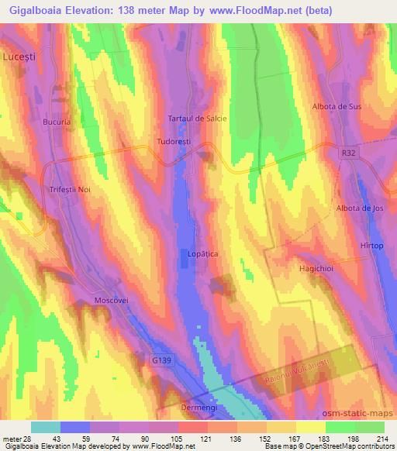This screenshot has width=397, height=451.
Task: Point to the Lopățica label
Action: [203, 253]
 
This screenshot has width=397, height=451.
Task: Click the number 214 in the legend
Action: [385, 439]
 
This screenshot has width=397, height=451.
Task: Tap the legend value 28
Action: [29, 439]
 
